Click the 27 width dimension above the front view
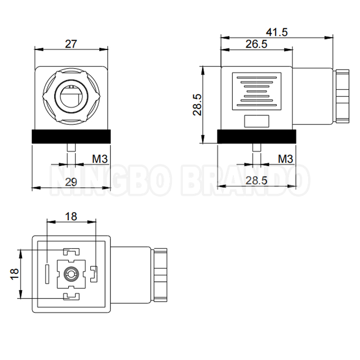point(71,44)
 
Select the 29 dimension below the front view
point(71,181)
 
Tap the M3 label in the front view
point(99,158)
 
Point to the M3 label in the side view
point(285,158)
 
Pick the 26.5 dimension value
point(256,44)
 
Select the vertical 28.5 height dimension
point(197,105)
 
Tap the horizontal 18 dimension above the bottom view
point(71,216)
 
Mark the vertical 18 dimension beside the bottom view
point(14,274)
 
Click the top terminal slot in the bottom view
point(71,252)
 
